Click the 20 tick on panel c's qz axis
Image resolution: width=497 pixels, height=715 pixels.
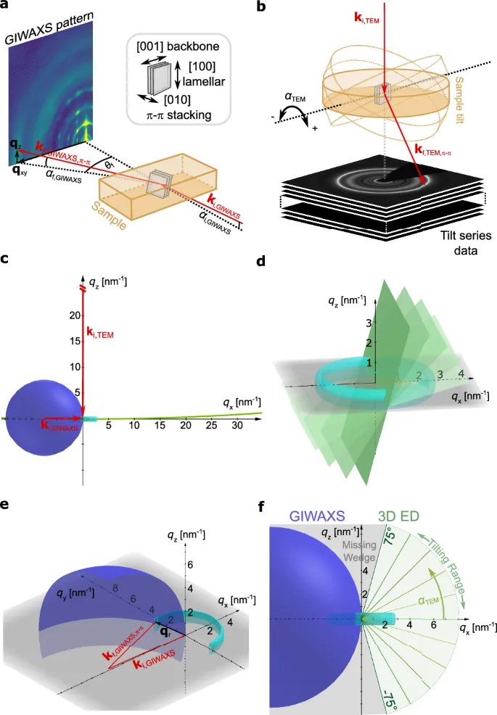pyautogui.click(x=73, y=315)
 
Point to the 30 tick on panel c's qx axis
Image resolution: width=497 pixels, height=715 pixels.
pyautogui.click(x=237, y=426)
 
